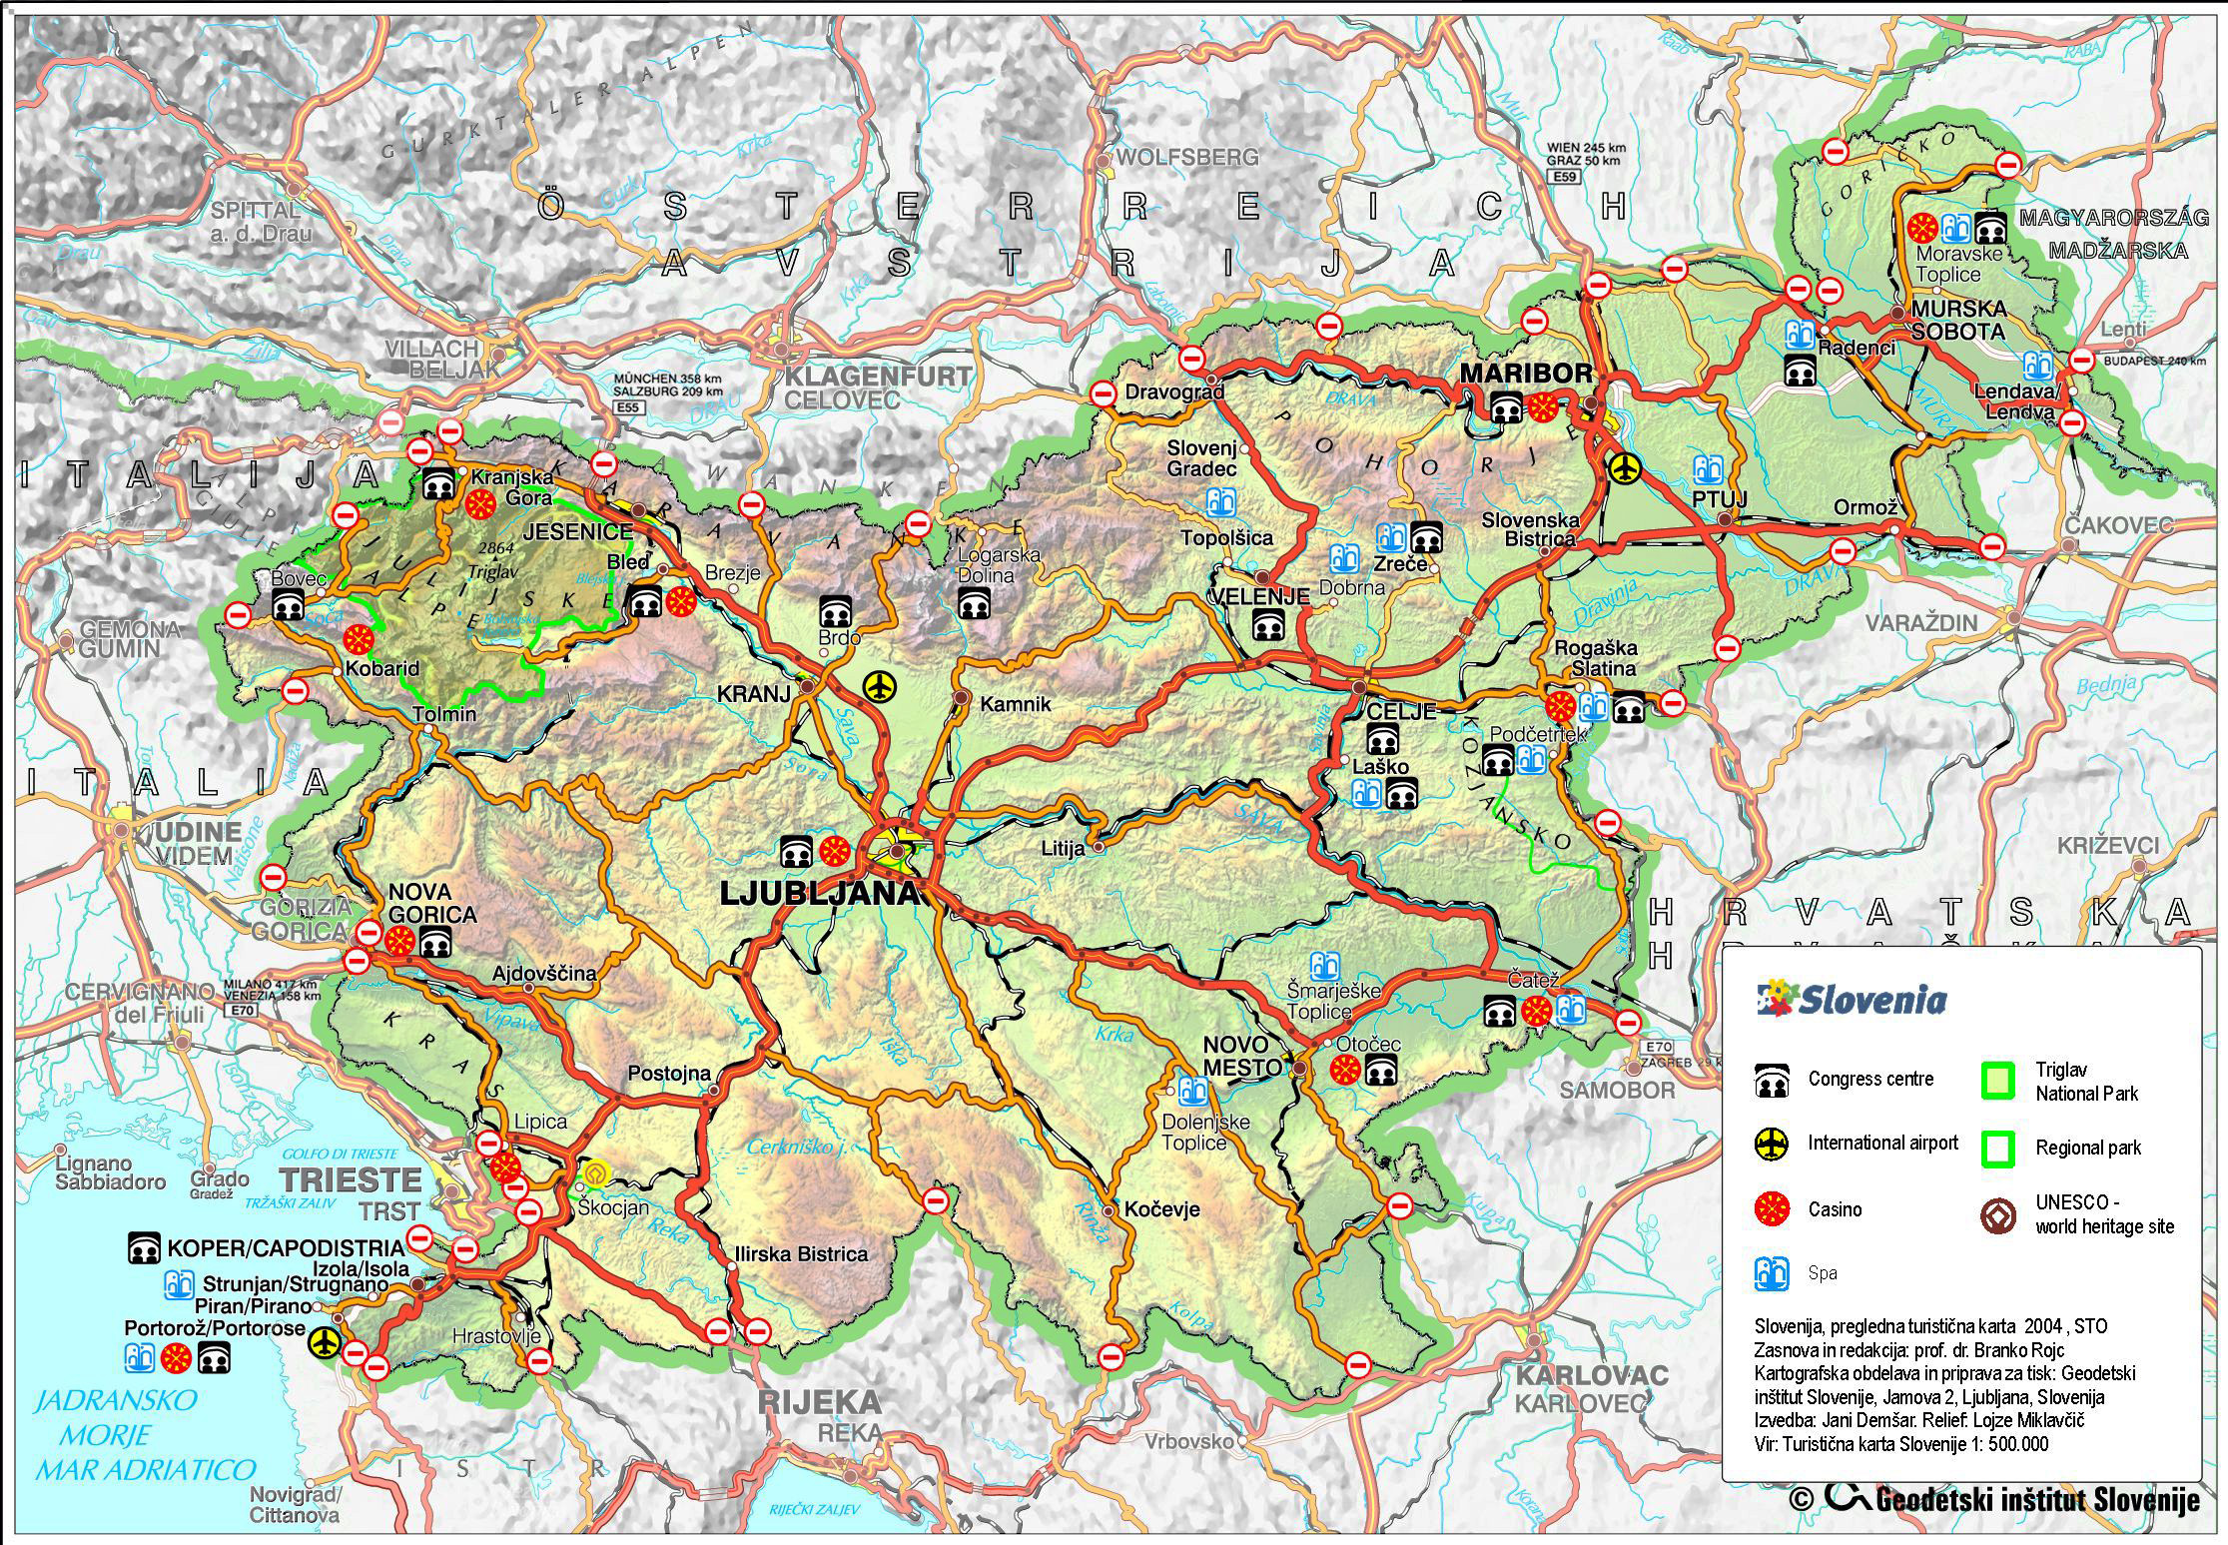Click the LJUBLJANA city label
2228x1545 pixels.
click(x=819, y=894)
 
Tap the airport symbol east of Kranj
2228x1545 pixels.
click(x=880, y=687)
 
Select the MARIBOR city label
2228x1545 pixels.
click(x=1526, y=374)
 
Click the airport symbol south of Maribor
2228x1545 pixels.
click(x=1625, y=465)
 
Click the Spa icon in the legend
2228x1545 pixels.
click(x=1771, y=1273)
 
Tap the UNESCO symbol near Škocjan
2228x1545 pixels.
click(x=596, y=1172)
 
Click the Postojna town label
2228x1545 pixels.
click(x=669, y=1074)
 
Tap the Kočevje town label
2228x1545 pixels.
click(x=1160, y=1209)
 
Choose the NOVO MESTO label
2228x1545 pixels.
click(x=1241, y=1056)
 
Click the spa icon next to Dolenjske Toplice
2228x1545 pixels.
click(x=1188, y=1090)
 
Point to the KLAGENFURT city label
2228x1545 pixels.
click(x=877, y=377)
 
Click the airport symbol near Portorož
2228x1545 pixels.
click(x=324, y=1342)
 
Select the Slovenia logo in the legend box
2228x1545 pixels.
click(x=1853, y=1000)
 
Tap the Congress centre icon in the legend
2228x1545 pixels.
click(x=1772, y=1081)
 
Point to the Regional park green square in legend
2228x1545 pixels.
click(x=1998, y=1149)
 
